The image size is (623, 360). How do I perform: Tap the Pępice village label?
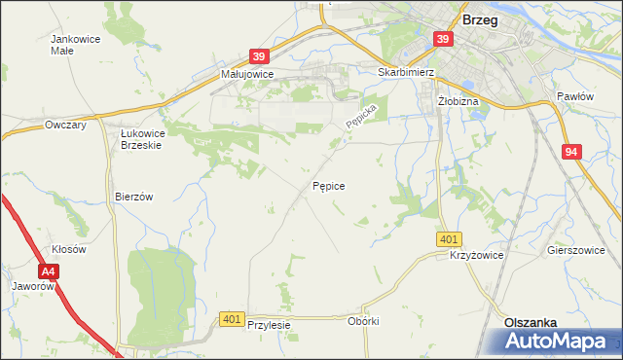328,184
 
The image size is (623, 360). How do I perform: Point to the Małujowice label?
247,73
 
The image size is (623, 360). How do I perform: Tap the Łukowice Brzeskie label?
140,138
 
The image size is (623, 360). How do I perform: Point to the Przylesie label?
270,326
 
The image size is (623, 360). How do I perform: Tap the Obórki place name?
362,320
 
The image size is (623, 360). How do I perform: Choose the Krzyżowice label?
476,254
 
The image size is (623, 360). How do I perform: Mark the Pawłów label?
574,96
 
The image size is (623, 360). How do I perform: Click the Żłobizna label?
457,99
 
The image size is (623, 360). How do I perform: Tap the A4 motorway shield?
49,273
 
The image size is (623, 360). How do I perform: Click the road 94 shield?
571,151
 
